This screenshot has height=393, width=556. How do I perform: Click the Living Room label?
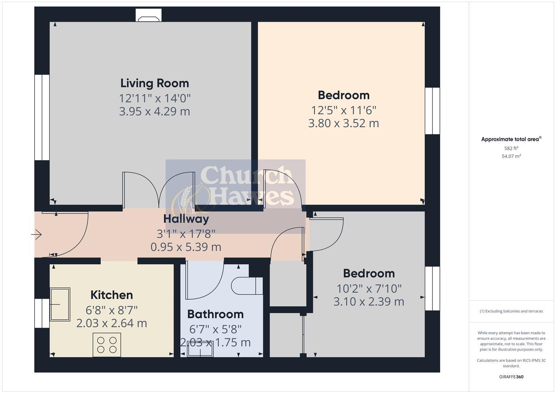(155, 83)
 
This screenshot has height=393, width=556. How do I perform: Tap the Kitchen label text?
(111, 295)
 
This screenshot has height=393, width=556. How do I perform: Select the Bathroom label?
(215, 314)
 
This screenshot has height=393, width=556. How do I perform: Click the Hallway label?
(186, 219)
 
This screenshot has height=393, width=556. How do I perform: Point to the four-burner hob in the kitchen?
(107, 345)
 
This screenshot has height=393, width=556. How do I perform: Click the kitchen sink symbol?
(60, 304)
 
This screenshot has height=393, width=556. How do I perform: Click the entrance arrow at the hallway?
(37, 235)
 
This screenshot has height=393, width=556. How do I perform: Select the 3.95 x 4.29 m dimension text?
(154, 111)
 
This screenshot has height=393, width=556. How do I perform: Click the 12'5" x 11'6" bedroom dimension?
(343, 110)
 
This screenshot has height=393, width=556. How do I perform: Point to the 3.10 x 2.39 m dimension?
(368, 302)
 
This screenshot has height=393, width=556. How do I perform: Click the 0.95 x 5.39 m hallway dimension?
(186, 247)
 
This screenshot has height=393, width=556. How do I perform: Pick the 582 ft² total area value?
(511, 148)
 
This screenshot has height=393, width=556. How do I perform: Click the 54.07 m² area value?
(511, 156)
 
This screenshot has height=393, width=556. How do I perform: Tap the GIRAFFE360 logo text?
(511, 377)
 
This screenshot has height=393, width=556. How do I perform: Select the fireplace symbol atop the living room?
(149, 15)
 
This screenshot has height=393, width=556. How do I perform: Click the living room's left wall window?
(42, 118)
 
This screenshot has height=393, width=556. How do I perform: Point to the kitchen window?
(42, 313)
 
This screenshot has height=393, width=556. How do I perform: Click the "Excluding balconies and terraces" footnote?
(511, 311)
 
